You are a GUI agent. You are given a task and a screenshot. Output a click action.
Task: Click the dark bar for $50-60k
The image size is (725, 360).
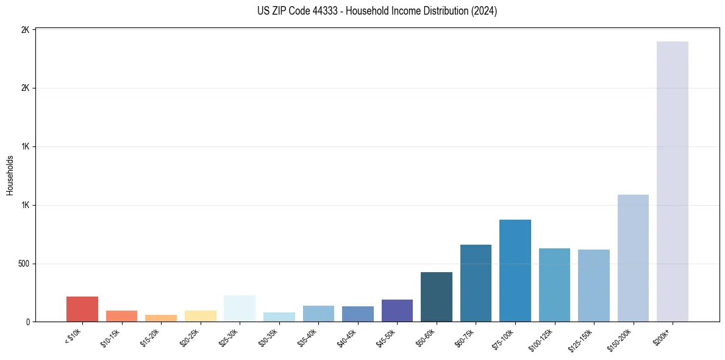pos(437,297)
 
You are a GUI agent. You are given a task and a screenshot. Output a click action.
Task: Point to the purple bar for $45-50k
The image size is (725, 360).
pos(397,311)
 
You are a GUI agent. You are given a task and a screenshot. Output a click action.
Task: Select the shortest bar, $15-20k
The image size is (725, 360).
pos(161,318)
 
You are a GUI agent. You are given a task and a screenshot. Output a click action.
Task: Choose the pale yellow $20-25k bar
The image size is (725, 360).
pos(201,316)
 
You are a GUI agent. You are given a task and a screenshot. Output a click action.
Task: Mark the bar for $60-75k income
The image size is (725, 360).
pos(476,283)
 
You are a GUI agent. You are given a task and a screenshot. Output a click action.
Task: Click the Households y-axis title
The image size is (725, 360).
pos(10,175)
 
